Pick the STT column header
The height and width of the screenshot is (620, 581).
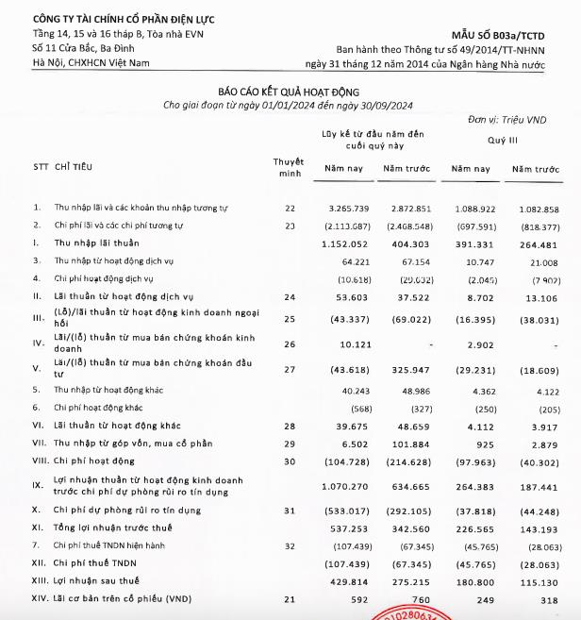click(x=40, y=167)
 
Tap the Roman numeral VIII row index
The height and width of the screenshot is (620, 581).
click(x=40, y=462)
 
